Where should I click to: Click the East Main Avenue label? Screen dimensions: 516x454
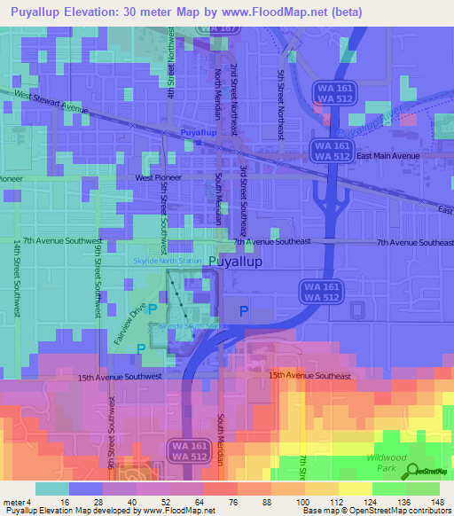(x=387, y=156)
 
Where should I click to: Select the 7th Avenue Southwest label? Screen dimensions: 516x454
(x=59, y=241)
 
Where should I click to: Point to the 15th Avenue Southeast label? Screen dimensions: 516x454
(x=310, y=376)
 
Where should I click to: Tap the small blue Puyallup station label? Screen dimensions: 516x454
(x=199, y=132)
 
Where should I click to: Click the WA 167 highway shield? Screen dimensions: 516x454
(x=217, y=28)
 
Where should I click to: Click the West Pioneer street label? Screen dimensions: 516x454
(x=157, y=177)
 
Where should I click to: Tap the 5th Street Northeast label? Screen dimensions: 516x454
(x=281, y=94)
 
